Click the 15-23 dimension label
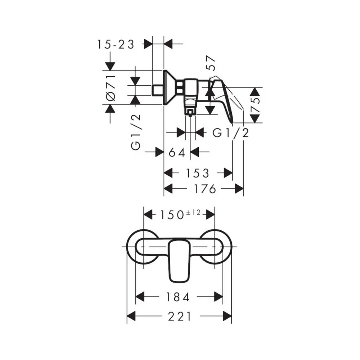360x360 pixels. click(x=116, y=44)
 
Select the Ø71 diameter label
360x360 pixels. click(x=111, y=88)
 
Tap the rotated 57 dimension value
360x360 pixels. click(x=211, y=63)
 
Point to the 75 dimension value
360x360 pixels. click(x=256, y=105)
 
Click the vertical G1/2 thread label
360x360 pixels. click(x=136, y=132)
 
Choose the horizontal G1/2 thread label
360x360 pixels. click(x=231, y=133)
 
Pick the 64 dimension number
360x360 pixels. click(x=177, y=152)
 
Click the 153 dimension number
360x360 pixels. click(x=197, y=174)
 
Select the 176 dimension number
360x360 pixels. click(x=204, y=189)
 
